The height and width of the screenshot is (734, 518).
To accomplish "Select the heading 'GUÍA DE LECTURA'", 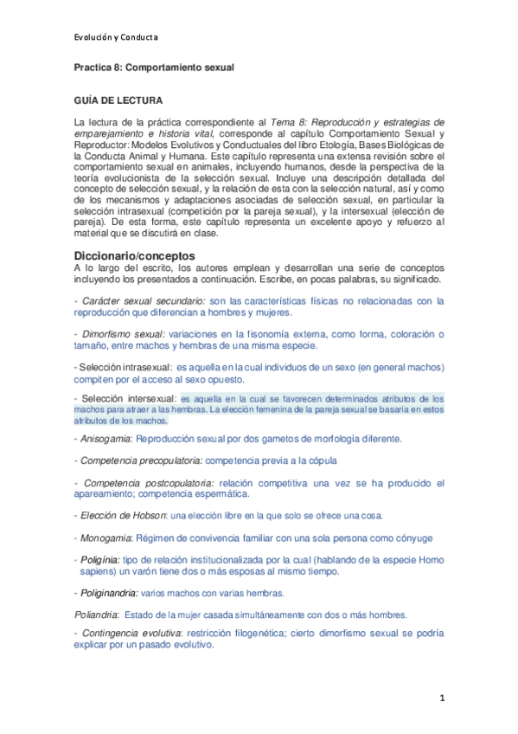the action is [117, 101].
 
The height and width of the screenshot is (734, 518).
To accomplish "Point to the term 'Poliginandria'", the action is [107, 593].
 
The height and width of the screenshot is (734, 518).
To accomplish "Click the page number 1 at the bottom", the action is [441, 698].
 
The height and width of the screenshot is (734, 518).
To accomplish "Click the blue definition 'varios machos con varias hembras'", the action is [213, 593].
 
